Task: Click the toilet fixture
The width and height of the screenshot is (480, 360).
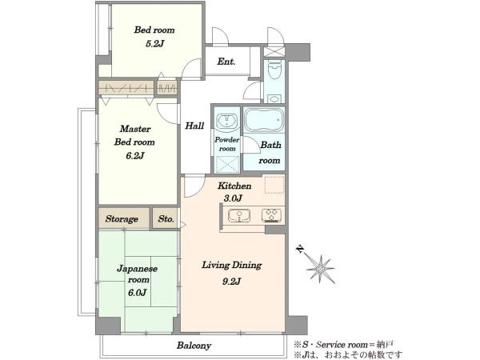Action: (274, 69)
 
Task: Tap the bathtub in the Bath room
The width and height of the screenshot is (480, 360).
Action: (264, 120)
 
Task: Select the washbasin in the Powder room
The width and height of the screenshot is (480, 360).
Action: (226, 121)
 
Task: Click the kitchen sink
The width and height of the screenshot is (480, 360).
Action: (239, 215)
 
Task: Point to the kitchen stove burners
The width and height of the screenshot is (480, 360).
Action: (271, 215)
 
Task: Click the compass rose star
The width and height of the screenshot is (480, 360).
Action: (321, 270)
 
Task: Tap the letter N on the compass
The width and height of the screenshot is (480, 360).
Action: (300, 249)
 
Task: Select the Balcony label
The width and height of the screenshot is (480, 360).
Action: (194, 346)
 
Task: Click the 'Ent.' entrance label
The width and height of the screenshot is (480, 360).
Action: (226, 62)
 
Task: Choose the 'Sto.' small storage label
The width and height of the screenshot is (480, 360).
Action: (166, 219)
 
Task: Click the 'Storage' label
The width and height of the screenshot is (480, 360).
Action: (122, 219)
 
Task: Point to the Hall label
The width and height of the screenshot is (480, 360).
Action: (194, 126)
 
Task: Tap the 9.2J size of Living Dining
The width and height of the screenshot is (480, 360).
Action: (232, 281)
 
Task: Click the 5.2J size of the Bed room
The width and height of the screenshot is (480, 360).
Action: (154, 43)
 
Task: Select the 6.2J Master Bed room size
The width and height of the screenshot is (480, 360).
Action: (134, 156)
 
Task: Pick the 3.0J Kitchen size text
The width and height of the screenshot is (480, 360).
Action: (233, 198)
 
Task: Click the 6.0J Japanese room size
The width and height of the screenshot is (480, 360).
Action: (137, 293)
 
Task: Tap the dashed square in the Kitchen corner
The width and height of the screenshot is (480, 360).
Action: (274, 185)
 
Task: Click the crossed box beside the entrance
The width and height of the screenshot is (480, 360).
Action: (274, 51)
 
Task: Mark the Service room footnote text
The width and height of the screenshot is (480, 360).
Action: (344, 345)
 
